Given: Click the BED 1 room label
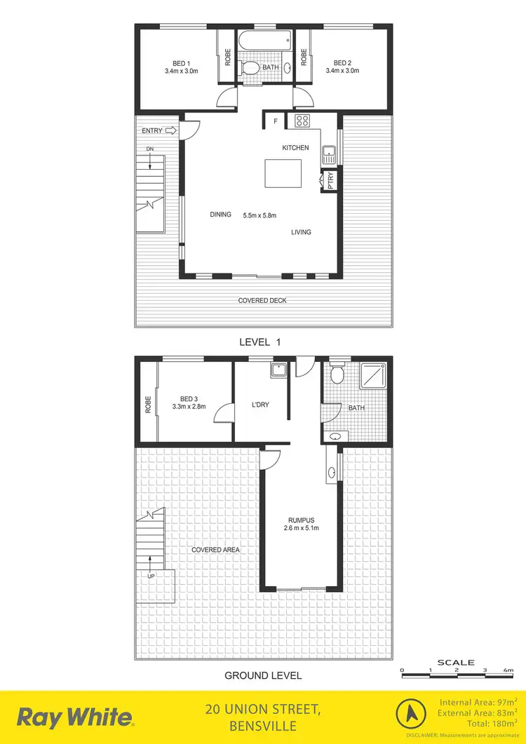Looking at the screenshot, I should pos(182,62).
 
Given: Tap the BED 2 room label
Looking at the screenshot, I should pos(342,62).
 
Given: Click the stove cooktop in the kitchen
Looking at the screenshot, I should pos(302,120).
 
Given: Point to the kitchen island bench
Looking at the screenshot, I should pos(283,173).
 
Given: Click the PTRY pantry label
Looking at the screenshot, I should pos(330,182).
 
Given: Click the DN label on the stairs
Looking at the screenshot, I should pos(150,149).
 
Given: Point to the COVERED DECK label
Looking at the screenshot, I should pos(263,301).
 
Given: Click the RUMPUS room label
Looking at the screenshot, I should pos(304,520).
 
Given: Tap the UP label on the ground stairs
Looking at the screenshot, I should pos(151,576).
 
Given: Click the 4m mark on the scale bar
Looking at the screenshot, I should pos(508,670).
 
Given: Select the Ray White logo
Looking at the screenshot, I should pos(75,717).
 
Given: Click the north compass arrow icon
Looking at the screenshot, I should pos(412,716).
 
